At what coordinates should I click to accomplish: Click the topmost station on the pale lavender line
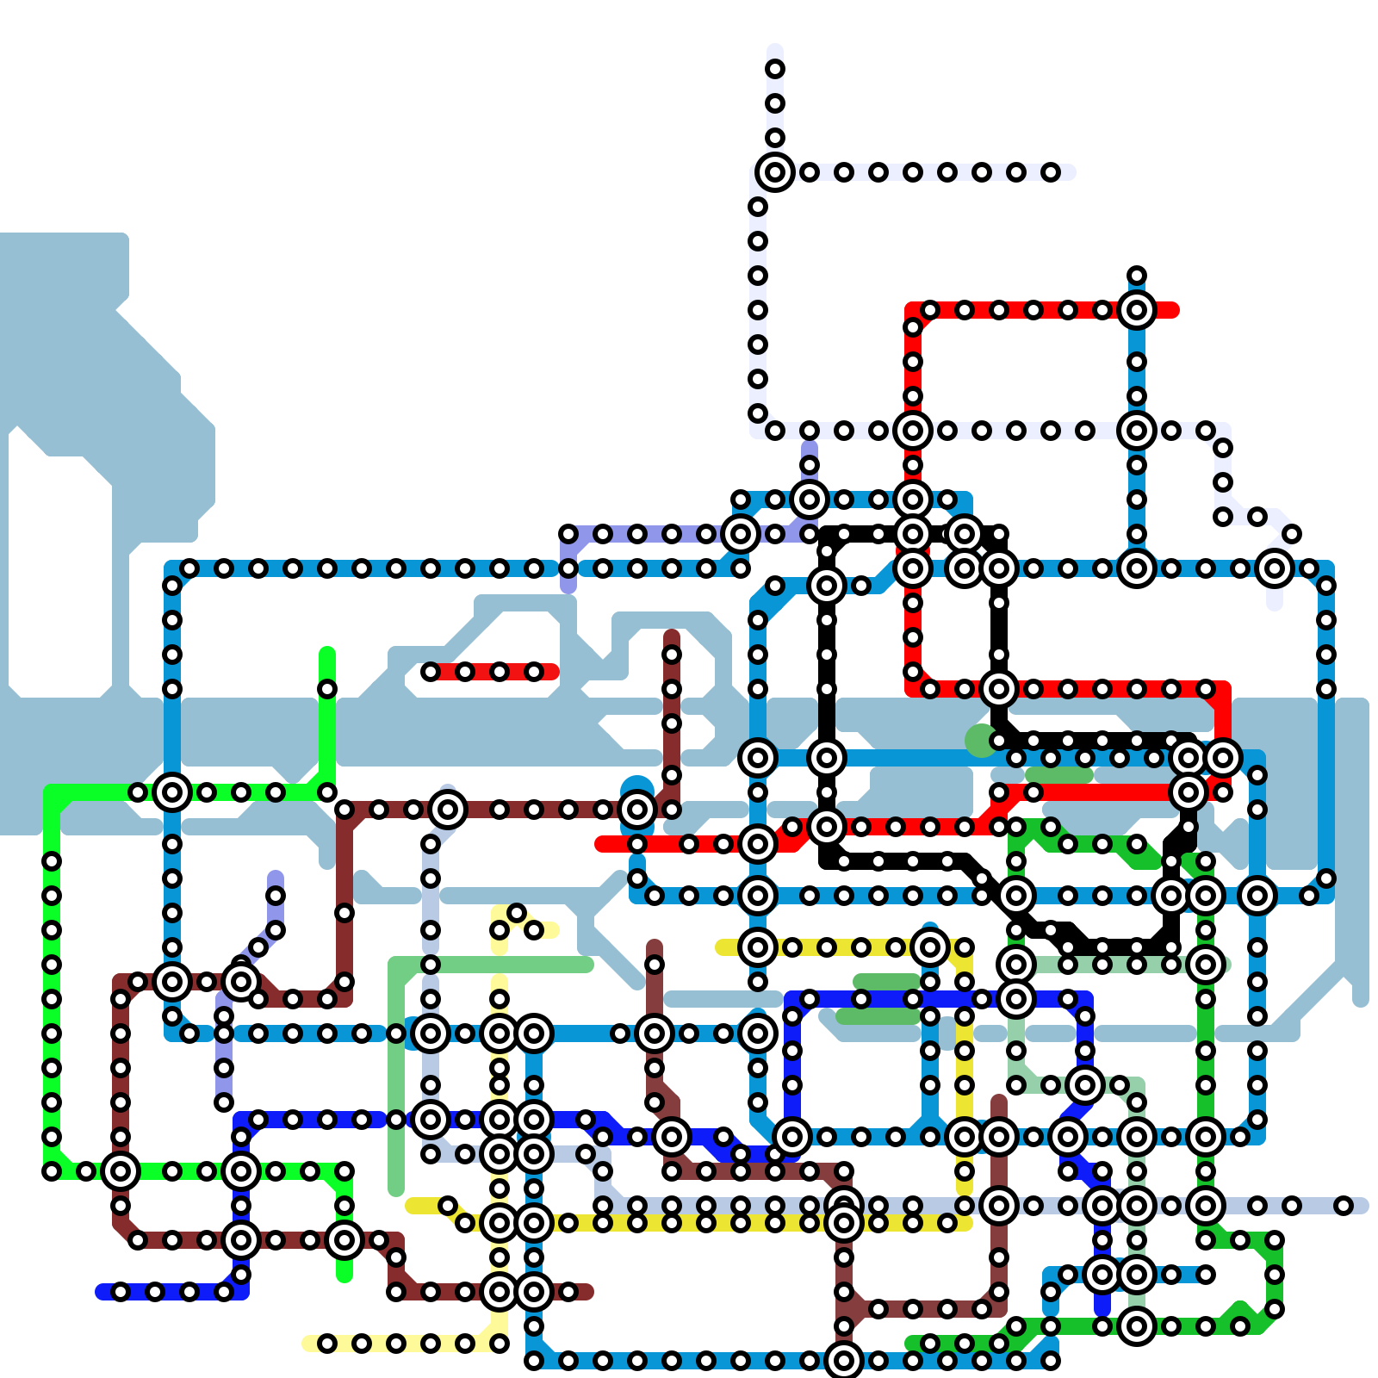click(x=775, y=69)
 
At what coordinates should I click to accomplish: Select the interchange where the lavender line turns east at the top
click(x=775, y=172)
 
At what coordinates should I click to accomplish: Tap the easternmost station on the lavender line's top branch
click(x=1051, y=172)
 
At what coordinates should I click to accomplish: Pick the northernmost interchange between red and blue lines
click(x=1137, y=310)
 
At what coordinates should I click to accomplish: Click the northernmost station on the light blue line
click(x=1137, y=276)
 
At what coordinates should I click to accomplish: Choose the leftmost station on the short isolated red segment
click(x=431, y=672)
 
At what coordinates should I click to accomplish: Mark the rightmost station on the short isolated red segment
click(x=534, y=672)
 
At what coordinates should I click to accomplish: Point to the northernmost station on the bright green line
click(x=327, y=689)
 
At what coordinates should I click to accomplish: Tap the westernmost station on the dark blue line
click(x=121, y=1292)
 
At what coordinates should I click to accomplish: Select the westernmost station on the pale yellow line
click(x=327, y=1344)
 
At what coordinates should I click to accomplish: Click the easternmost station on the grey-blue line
click(x=1344, y=1206)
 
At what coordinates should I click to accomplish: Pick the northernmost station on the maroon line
click(x=672, y=655)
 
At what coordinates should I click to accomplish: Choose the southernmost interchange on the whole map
click(x=844, y=1361)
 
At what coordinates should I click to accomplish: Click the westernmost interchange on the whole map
click(x=121, y=1171)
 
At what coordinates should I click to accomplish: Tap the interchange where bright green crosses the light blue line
click(x=172, y=792)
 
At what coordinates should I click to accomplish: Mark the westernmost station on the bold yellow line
click(x=448, y=1206)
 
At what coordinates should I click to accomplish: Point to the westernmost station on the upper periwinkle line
click(x=568, y=534)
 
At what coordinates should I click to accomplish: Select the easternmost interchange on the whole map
click(x=1275, y=568)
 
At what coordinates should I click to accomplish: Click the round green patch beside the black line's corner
click(x=980, y=741)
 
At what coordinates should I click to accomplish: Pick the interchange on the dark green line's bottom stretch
click(x=1137, y=1326)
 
